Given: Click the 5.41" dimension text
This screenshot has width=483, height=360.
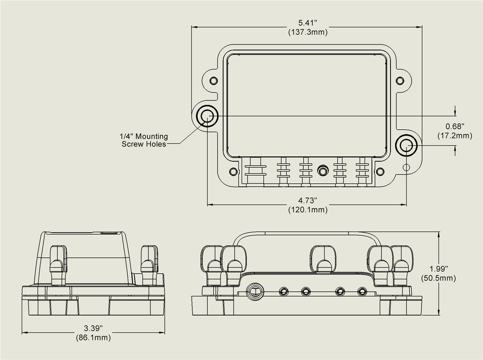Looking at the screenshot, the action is [308, 23].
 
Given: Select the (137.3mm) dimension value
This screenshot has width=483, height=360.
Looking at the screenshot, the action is [308, 32].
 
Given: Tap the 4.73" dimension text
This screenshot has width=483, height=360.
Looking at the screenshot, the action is [308, 201].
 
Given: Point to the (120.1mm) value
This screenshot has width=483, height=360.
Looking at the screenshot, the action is [308, 210].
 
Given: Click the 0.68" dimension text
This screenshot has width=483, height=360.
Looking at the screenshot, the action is [455, 126].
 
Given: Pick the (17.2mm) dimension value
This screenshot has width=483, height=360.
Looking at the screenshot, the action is [455, 135].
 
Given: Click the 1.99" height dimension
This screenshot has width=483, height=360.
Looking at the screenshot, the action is [439, 269].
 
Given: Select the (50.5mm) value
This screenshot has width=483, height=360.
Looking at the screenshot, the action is [439, 278].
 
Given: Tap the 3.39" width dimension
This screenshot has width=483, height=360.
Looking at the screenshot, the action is [93, 328].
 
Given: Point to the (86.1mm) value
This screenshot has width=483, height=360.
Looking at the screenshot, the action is [93, 337].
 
